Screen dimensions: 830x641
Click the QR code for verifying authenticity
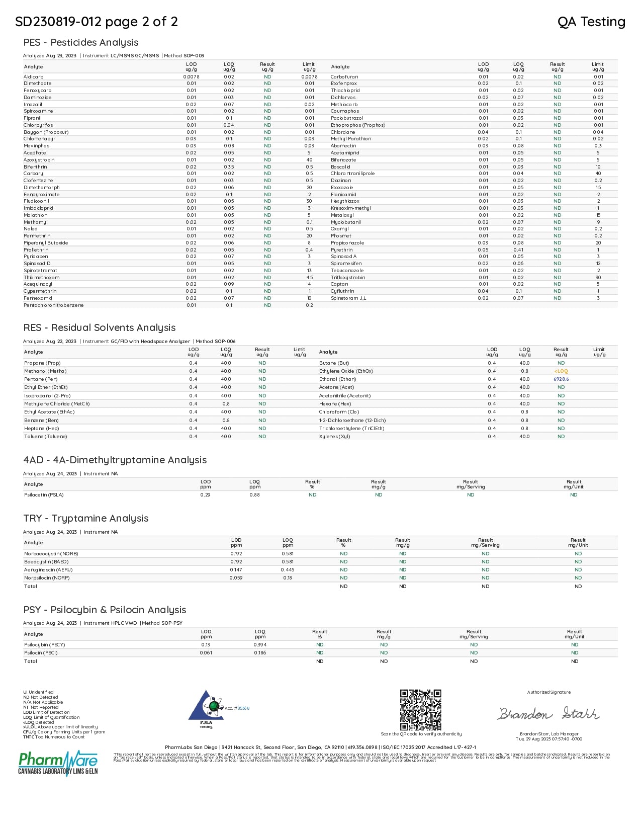click(x=420, y=709)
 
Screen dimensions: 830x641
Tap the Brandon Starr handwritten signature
click(x=548, y=713)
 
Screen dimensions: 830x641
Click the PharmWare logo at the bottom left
click(x=58, y=763)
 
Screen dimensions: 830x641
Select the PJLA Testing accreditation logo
click(x=206, y=709)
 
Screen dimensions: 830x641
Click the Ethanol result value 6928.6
click(x=561, y=379)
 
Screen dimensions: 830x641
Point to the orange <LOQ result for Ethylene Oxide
click(x=561, y=371)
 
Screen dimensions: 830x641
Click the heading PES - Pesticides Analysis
click(x=80, y=42)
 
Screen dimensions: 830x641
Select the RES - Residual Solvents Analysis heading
click(x=99, y=327)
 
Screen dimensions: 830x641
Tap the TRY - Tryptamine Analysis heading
click(x=85, y=518)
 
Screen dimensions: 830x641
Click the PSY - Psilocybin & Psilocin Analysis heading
click(x=105, y=610)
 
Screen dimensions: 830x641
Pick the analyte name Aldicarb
click(x=33, y=77)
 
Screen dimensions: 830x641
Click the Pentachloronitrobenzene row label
click(x=53, y=305)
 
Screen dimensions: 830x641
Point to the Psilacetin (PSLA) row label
click(x=44, y=495)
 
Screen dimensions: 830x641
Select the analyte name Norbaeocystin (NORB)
click(x=51, y=554)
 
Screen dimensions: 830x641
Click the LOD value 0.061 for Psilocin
click(x=206, y=653)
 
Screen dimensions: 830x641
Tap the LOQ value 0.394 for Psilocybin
click(x=260, y=645)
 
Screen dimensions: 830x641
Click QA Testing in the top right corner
click(x=591, y=22)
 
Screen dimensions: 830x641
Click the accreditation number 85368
click(x=243, y=708)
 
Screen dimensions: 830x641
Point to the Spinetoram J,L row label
click(x=348, y=298)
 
